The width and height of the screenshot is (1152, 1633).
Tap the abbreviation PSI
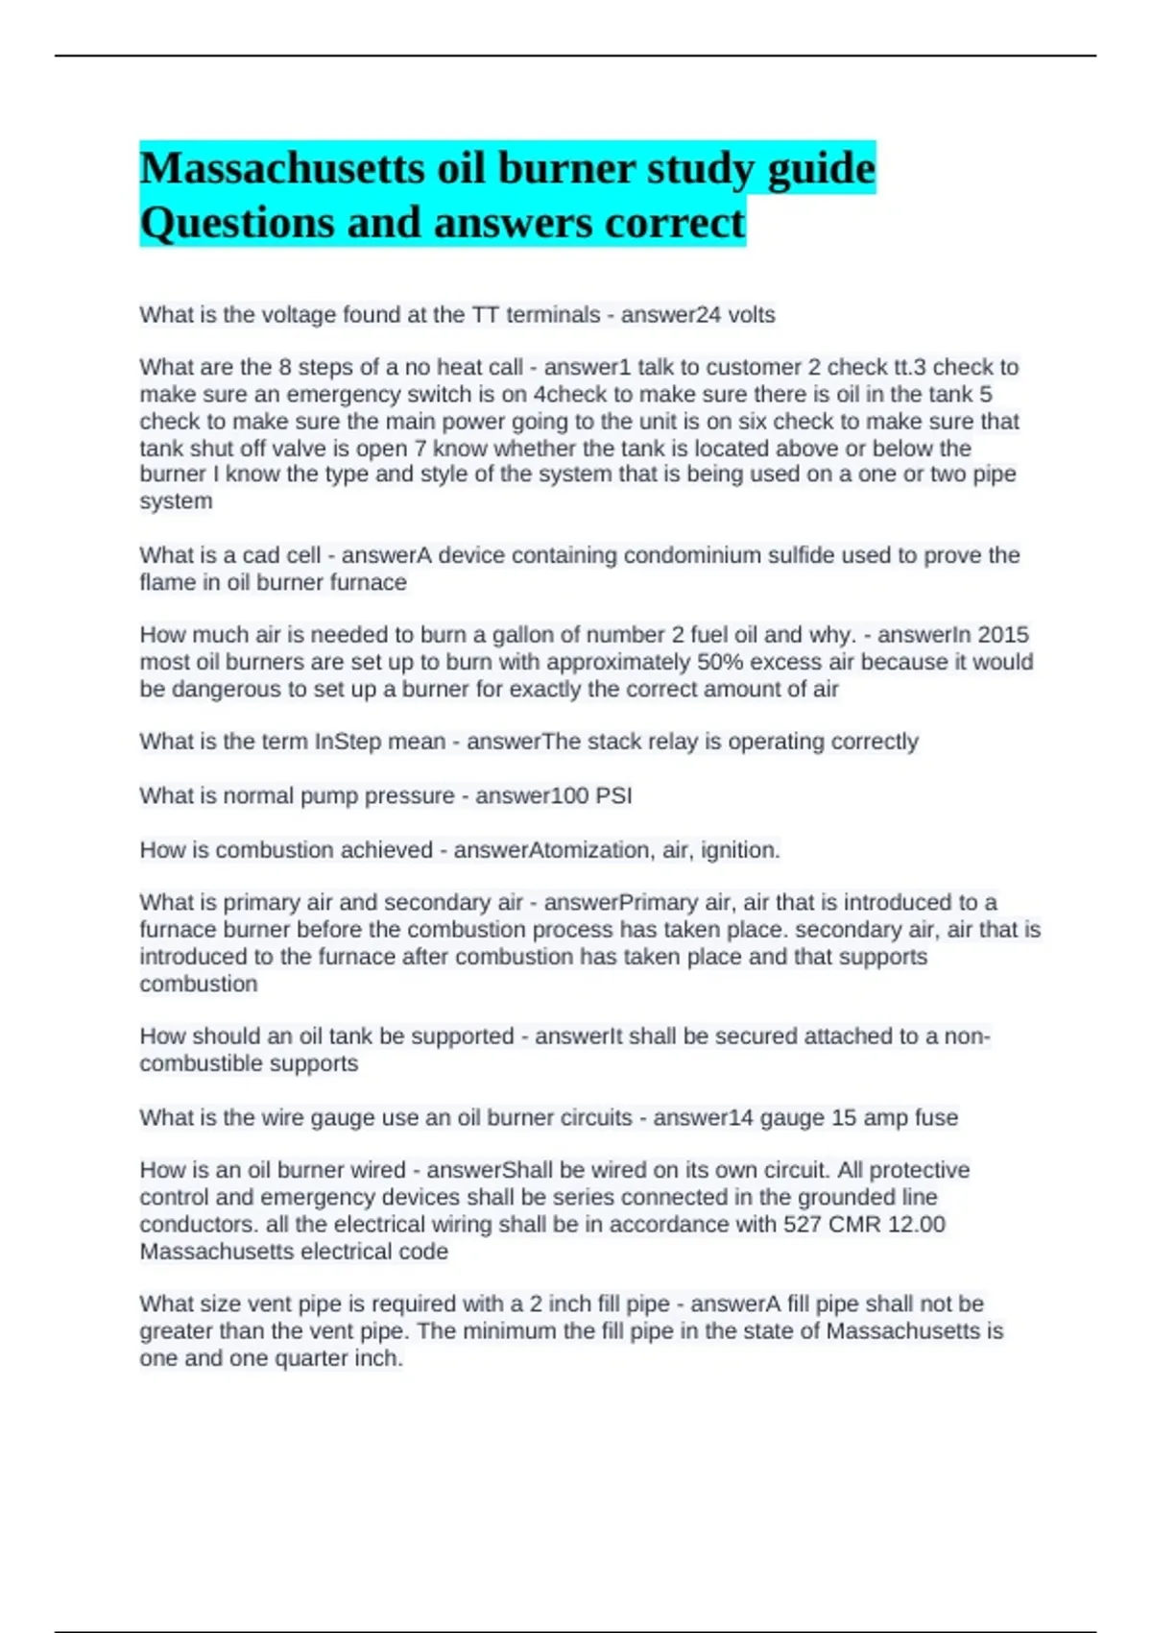[613, 795]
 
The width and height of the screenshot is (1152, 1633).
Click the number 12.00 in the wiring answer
[919, 1225]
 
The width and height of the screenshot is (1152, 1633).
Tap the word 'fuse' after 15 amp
[936, 1118]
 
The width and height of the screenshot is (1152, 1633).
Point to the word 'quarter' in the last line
[310, 1359]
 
